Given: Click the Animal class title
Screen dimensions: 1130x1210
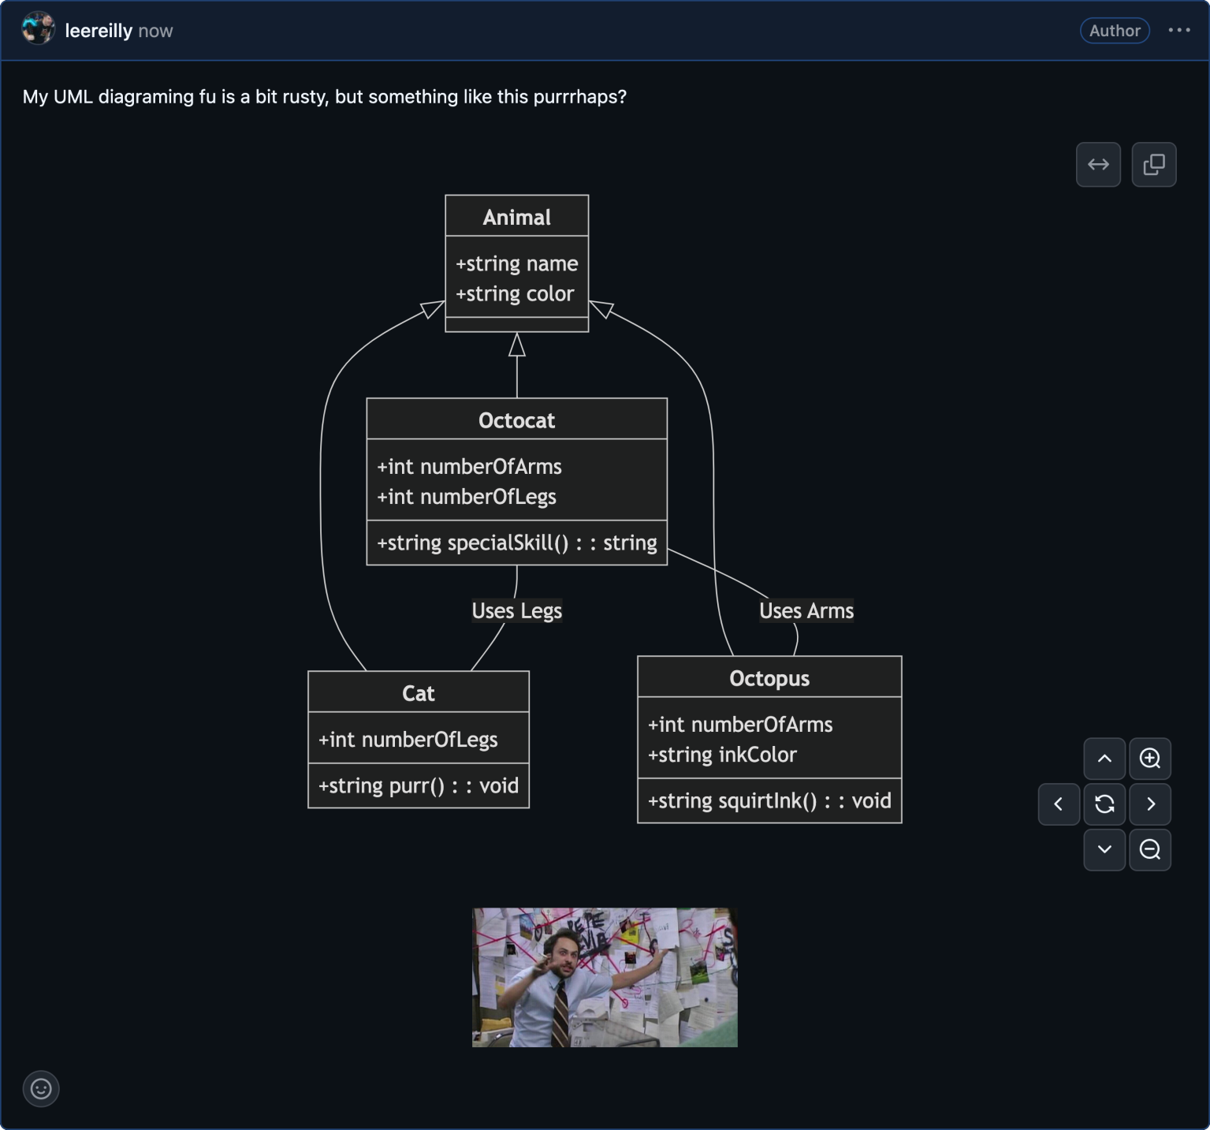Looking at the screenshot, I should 516,217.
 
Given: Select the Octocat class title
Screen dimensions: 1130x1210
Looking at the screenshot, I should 516,420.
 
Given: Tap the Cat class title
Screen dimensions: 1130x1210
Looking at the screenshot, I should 418,693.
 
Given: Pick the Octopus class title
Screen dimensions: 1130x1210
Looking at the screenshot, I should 769,678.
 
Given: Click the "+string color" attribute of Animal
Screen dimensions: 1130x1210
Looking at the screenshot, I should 515,293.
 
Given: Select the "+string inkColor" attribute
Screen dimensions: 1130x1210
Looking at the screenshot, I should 722,755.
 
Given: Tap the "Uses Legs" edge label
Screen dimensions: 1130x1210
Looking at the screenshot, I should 516,610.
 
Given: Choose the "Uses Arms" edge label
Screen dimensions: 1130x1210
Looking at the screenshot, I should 806,610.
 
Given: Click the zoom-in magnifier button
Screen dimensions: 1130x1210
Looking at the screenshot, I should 1150,759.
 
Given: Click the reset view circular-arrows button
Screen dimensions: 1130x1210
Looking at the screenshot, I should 1104,804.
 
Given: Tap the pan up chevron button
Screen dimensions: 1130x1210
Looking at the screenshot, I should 1104,759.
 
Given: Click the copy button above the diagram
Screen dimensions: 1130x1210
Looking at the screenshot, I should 1154,164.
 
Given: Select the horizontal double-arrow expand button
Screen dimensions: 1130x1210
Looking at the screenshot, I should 1098,164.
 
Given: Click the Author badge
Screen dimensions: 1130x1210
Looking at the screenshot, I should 1115,31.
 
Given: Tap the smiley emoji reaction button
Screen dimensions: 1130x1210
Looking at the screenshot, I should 41,1089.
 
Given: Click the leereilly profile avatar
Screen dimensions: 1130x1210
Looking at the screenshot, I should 38,30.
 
